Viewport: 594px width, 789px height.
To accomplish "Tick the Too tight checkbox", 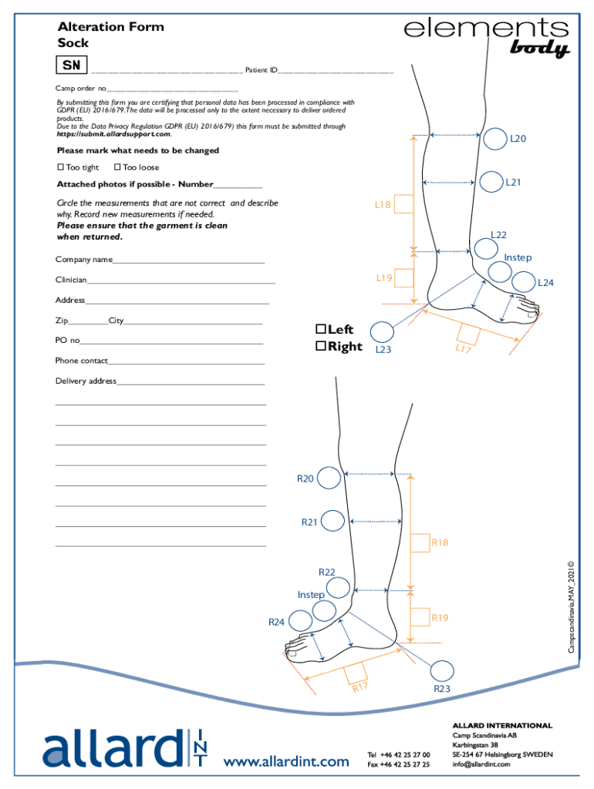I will click(60, 167).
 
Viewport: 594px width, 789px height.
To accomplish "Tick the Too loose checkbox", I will click(116, 167).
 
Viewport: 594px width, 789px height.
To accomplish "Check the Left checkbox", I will click(320, 329).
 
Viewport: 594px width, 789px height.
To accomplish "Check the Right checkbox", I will click(320, 346).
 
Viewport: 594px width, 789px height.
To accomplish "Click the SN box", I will click(72, 65).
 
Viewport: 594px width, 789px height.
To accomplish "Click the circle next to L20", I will click(495, 139).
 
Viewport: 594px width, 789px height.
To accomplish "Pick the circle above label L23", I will click(382, 332).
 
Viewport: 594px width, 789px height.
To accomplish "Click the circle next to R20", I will click(329, 478).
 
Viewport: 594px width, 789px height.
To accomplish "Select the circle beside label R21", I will click(332, 522).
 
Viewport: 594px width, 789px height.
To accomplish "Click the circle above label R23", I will click(442, 671).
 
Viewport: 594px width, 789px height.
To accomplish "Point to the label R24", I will click(277, 622).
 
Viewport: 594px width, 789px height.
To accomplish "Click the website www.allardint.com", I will click(286, 762).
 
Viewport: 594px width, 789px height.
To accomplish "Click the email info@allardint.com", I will click(482, 764).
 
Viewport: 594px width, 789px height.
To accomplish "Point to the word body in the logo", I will click(539, 49).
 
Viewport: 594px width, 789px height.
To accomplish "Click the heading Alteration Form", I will click(110, 27).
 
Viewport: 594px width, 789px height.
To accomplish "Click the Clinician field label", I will click(70, 280).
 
